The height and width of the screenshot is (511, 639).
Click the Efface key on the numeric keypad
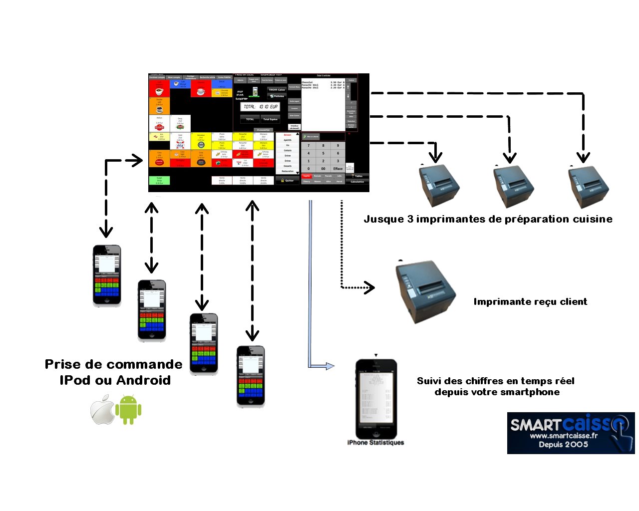coord(338,169)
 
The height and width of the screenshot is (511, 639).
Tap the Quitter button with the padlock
coord(288,181)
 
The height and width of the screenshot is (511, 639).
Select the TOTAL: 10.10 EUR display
coord(260,107)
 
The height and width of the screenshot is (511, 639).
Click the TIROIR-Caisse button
coord(277,90)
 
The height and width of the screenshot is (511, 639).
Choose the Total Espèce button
coord(270,119)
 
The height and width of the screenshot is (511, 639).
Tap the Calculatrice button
coord(357,182)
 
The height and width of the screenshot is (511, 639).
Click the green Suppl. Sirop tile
coord(159,181)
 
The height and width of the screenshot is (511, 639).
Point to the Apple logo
coord(103,410)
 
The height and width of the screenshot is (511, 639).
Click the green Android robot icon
coord(128,410)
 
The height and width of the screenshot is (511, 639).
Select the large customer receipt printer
coord(426,291)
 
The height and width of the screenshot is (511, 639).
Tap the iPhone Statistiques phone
coord(376,399)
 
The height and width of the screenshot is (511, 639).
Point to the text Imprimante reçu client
coord(530,302)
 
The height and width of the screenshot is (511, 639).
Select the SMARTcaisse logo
coord(570,433)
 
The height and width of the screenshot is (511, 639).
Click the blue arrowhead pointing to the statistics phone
coord(329,366)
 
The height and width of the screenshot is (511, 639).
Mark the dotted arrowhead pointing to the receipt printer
coord(370,287)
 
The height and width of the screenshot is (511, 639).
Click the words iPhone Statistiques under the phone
coord(375,443)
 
